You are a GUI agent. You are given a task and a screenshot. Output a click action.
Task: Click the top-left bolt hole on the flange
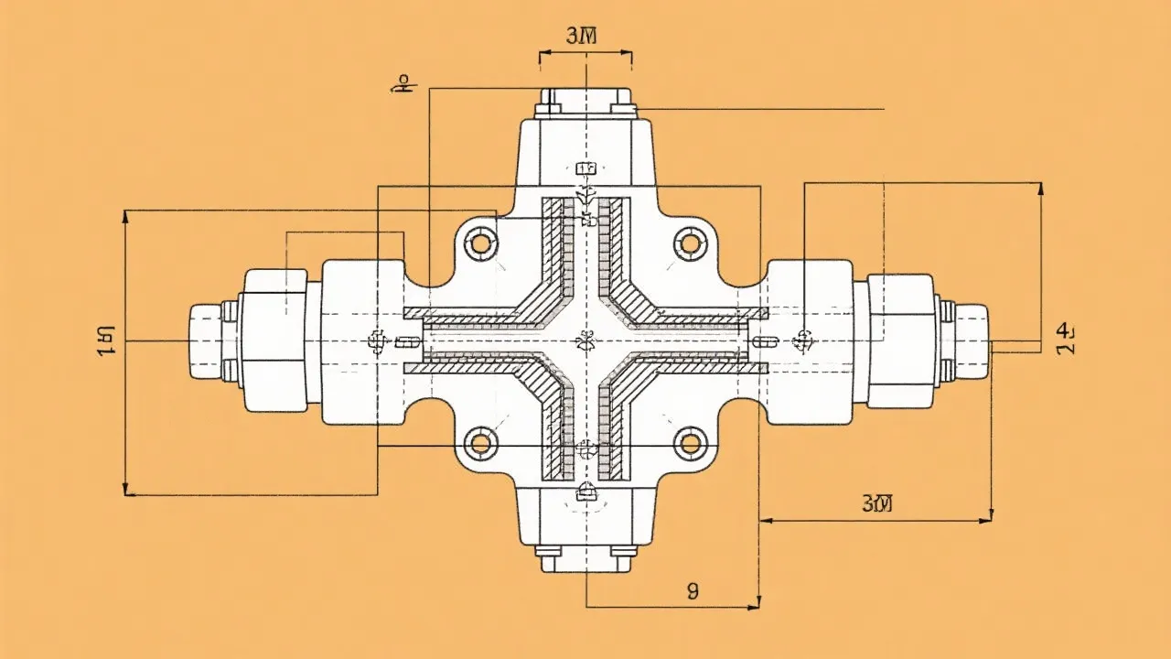coord(479,243)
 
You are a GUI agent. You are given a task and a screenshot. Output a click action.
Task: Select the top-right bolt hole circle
coord(690,243)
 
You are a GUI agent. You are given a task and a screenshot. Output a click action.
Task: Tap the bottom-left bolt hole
coord(479,444)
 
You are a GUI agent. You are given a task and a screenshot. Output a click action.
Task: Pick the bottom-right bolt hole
coord(690,444)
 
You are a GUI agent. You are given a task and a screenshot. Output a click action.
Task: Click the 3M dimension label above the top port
coord(582,37)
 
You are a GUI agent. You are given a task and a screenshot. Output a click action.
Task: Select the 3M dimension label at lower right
coord(876,502)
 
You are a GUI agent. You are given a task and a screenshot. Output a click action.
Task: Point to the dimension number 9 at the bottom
coord(692,591)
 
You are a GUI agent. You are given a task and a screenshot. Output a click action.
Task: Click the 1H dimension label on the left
coord(106,340)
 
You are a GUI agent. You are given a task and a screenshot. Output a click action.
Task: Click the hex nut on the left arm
coord(273,341)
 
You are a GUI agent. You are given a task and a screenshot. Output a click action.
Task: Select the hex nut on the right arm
coord(900,341)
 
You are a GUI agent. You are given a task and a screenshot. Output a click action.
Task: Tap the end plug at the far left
coord(206,341)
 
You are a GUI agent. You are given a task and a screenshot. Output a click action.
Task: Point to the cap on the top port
coord(585,101)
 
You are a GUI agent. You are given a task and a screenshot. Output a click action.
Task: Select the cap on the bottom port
coord(585,558)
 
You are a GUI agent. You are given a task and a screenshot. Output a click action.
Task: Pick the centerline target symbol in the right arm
coord(803,341)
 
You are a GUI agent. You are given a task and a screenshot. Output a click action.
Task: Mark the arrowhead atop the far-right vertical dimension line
coord(1040,189)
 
